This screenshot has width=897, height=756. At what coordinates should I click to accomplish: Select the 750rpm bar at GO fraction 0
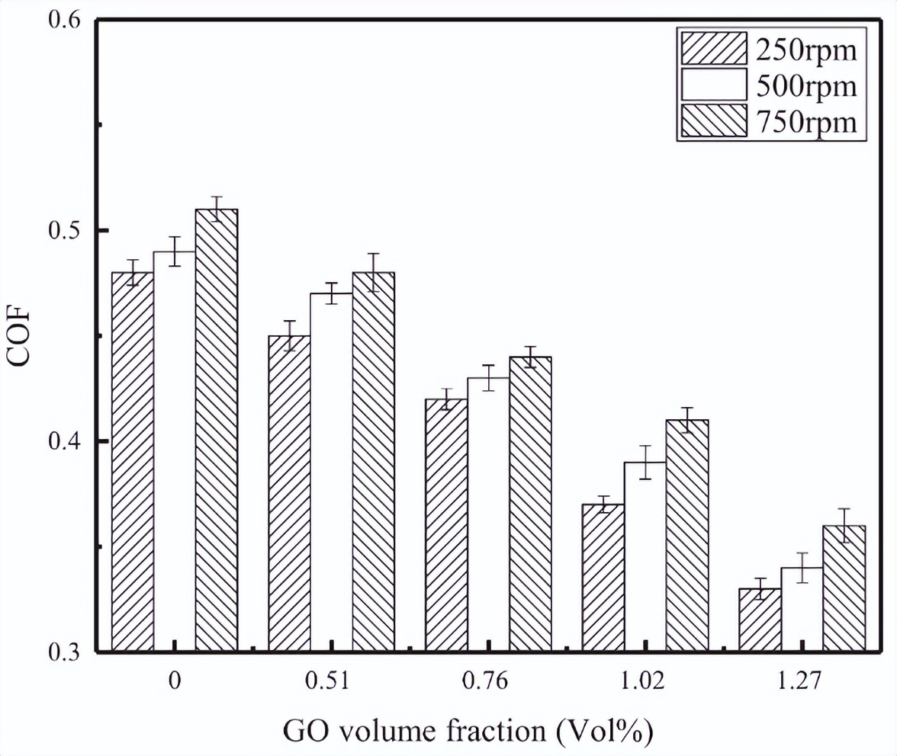217,431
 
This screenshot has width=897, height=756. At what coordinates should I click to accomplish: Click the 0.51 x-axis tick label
331,681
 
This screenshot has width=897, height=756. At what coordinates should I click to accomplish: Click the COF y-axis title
21,336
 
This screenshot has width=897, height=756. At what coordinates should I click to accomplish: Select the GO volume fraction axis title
468,731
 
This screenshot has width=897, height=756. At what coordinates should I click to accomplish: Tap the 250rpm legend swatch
713,50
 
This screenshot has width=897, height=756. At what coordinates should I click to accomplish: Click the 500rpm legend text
806,85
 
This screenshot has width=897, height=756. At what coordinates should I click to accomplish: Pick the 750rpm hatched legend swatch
713,121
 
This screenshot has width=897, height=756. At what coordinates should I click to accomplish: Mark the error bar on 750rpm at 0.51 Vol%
374,272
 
